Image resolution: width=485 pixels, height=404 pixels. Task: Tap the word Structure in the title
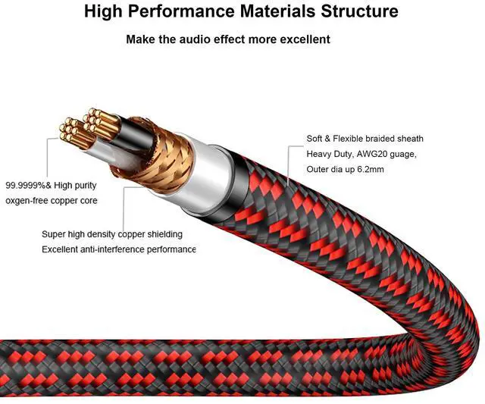[356, 11]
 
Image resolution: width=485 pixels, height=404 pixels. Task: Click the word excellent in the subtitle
[301, 39]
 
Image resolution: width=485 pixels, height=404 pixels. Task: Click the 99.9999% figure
[23, 185]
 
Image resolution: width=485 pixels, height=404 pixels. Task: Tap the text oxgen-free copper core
[52, 201]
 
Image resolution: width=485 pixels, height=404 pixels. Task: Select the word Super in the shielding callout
[54, 234]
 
